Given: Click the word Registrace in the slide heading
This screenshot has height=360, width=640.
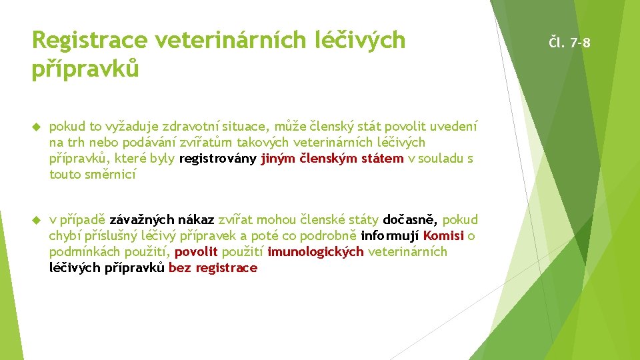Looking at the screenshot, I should click(89, 41).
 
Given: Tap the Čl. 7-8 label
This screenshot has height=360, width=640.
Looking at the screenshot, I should click(569, 43).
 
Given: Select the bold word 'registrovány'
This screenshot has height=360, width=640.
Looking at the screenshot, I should click(218, 158).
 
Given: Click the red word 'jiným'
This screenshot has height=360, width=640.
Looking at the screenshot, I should click(279, 158).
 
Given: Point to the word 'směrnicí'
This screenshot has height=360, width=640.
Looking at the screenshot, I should click(111, 174).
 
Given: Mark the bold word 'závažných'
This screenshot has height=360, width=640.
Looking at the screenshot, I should click(142, 219).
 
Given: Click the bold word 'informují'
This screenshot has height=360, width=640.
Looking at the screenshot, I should click(390, 235).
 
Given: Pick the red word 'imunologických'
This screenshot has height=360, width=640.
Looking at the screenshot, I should click(316, 251).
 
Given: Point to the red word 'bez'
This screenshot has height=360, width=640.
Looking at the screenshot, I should click(180, 267).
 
